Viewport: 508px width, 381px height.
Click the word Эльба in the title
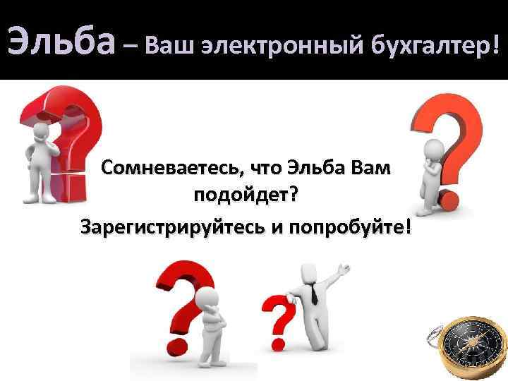(x=60, y=42)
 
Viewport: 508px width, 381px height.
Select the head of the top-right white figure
(x=436, y=147)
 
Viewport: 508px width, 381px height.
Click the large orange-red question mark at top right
(x=449, y=127)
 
